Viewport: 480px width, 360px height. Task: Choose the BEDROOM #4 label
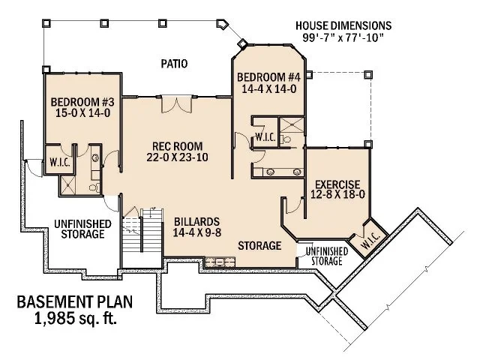(268, 77)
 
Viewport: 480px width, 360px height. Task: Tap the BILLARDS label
(196, 221)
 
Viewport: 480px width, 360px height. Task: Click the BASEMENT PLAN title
(74, 304)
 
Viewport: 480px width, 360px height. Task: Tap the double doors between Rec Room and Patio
(173, 104)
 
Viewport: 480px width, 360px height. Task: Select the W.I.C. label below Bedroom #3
(59, 161)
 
